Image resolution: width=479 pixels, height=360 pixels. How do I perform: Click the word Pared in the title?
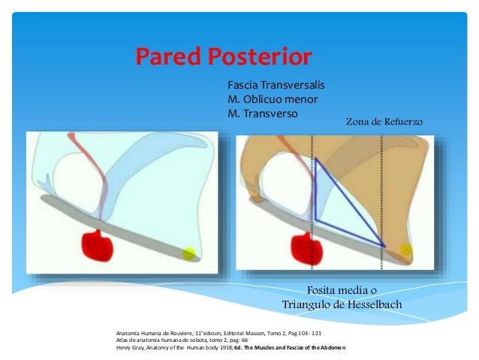coord(166,56)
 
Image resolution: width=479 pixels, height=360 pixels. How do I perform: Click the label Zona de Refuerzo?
coord(385,120)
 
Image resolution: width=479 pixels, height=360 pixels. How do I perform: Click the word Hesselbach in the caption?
coord(369,304)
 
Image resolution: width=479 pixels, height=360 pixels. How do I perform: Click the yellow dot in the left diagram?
coord(189,254)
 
